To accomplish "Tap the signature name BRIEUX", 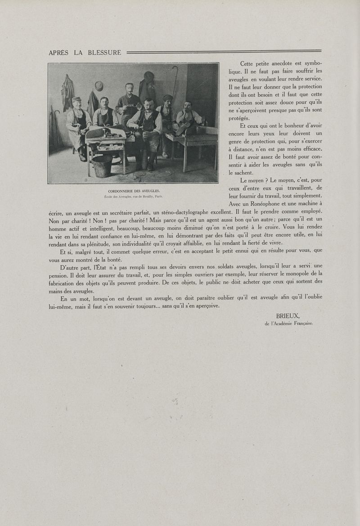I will coord(288,316).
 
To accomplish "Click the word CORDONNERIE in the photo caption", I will coord(120,191).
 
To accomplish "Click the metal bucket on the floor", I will coord(103,166).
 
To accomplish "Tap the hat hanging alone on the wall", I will coord(99,85).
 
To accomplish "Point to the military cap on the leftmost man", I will coord(76,99).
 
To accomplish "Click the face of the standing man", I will coord(130,88).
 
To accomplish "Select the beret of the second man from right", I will coord(168,97).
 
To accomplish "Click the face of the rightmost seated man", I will coord(188,107).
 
